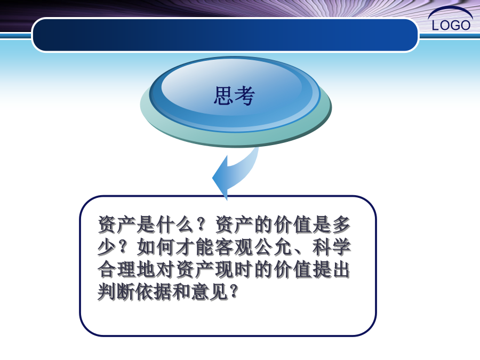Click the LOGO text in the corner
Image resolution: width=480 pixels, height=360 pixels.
(451, 25)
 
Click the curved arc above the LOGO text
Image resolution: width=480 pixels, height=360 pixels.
(450, 9)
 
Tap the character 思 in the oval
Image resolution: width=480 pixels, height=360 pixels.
(223, 95)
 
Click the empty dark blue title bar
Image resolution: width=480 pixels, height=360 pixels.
(225, 35)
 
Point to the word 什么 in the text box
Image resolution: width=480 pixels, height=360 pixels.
(175, 225)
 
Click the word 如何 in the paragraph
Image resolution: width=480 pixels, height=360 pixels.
(156, 247)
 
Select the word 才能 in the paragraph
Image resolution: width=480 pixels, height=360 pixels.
(195, 247)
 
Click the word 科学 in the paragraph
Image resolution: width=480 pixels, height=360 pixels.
(332, 247)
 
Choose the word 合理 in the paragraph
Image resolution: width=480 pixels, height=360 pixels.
(117, 269)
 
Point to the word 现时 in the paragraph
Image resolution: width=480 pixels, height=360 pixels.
(234, 269)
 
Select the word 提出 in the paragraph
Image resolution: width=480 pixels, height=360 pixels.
(332, 269)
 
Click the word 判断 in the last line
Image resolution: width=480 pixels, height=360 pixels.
(117, 292)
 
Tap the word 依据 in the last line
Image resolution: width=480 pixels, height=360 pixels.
(156, 292)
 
